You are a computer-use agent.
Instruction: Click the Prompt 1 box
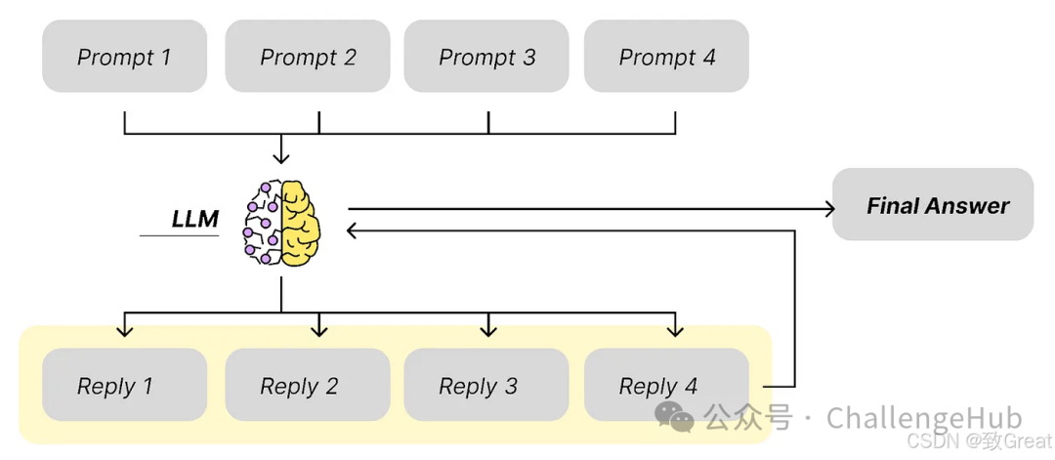click(124, 57)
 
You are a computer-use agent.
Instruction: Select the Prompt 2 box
click(308, 57)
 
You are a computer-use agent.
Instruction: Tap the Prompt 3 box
click(486, 57)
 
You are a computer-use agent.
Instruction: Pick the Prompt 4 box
click(666, 57)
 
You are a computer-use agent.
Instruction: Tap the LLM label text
click(194, 219)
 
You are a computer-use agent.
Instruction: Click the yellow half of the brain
click(301, 222)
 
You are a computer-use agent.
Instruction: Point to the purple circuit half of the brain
click(263, 223)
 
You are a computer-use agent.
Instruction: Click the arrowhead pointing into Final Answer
click(829, 208)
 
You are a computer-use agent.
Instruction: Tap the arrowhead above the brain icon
click(281, 156)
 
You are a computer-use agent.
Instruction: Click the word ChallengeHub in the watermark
click(923, 418)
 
